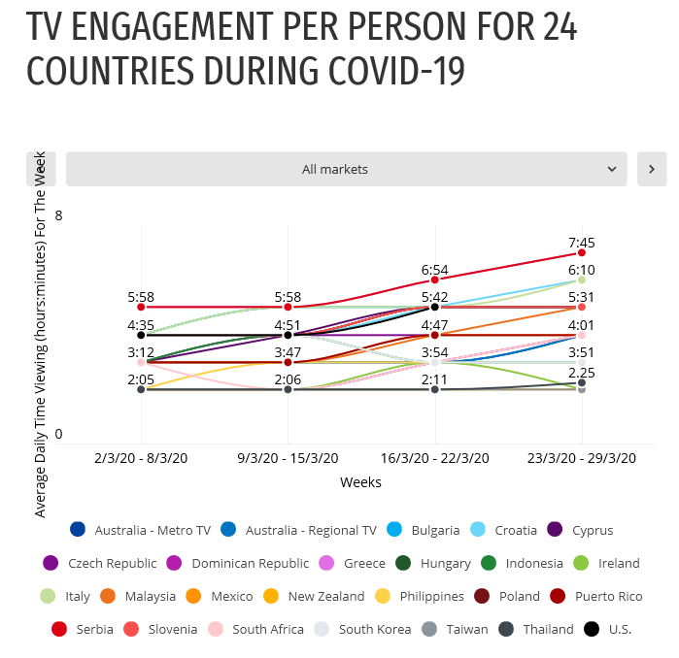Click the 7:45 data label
[x=582, y=243]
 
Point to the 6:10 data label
[x=582, y=269]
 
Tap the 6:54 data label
[x=434, y=269]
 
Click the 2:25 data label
[x=582, y=373]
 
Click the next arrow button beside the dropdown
[x=652, y=169]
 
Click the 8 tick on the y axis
[x=58, y=215]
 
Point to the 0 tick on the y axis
[x=58, y=434]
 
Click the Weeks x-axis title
[x=360, y=482]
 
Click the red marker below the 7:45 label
[x=582, y=253]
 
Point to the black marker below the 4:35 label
[x=141, y=335]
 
